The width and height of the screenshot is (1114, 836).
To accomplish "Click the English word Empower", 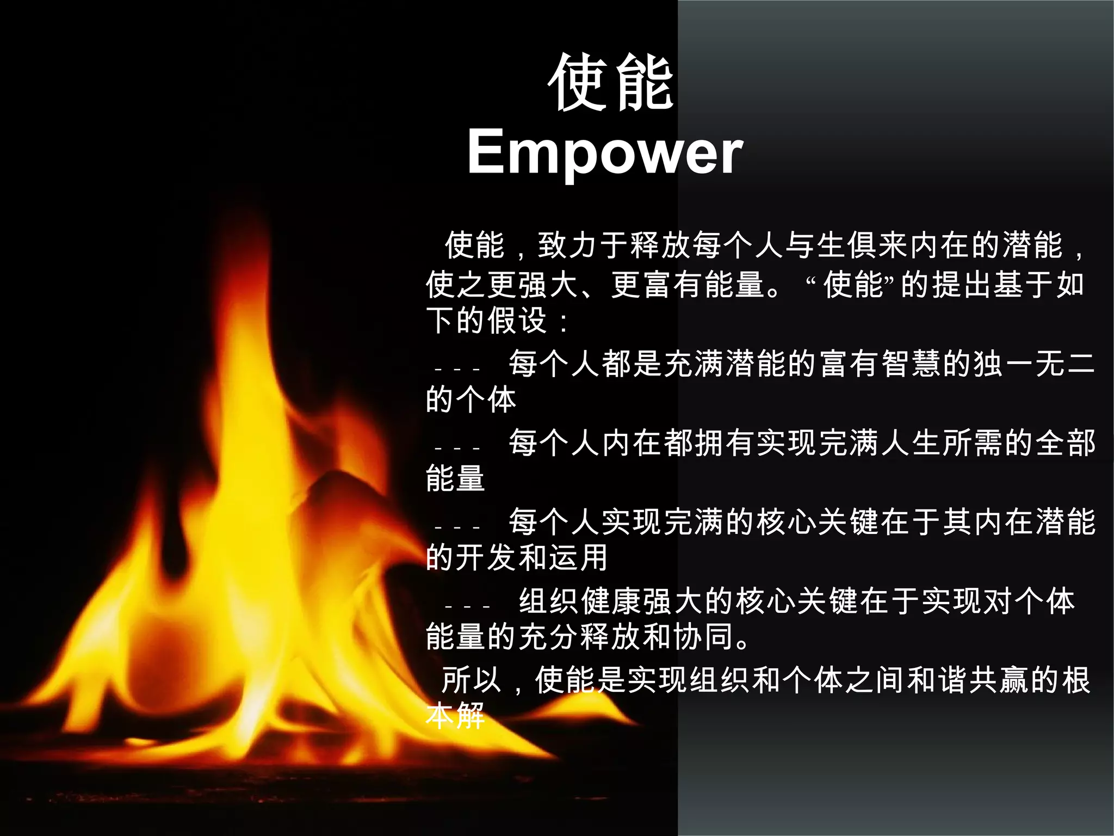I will (x=605, y=152).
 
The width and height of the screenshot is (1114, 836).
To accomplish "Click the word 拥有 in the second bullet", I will (x=725, y=442).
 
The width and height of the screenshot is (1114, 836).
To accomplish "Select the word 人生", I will (x=912, y=442).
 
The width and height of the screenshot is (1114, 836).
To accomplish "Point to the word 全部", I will (x=1066, y=442).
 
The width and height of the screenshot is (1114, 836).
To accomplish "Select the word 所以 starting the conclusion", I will (x=471, y=680).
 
